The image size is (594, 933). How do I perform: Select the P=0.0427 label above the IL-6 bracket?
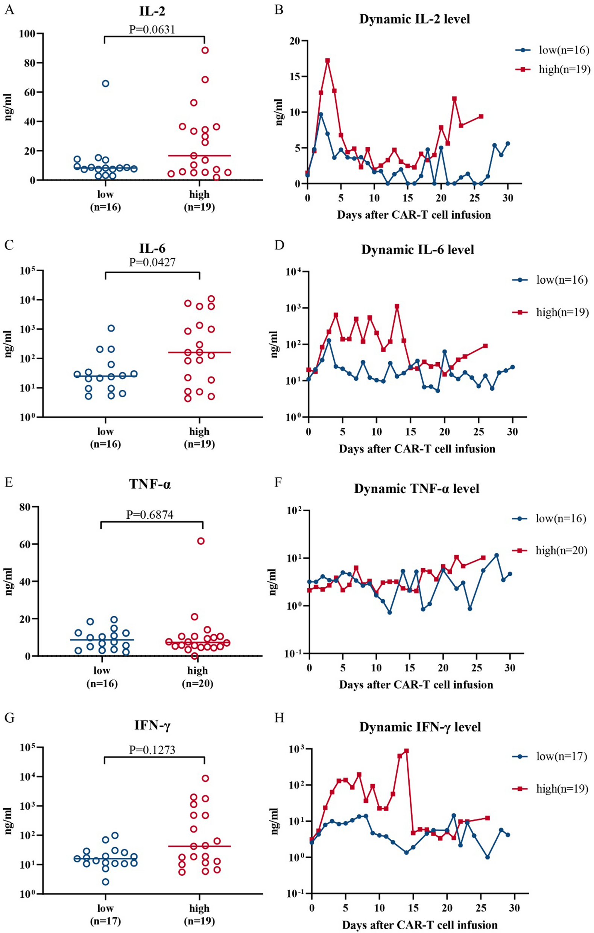click(152, 262)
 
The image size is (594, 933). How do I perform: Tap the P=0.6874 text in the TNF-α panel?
click(150, 515)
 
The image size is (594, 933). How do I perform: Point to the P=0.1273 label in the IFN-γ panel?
click(152, 750)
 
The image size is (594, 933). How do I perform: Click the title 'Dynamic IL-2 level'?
click(414, 19)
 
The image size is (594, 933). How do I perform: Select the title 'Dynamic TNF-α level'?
click(416, 489)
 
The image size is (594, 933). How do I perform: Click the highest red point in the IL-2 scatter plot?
click(205, 50)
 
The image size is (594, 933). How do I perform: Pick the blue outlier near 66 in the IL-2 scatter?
click(105, 83)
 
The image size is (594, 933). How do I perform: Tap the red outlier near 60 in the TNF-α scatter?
click(201, 541)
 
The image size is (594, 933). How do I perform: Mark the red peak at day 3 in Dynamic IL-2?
click(327, 61)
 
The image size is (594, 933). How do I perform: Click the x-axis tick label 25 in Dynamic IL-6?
click(479, 431)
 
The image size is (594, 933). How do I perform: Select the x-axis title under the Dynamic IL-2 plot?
click(413, 215)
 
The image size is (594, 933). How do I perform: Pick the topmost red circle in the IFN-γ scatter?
click(205, 778)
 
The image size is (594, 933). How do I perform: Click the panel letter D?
click(279, 246)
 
